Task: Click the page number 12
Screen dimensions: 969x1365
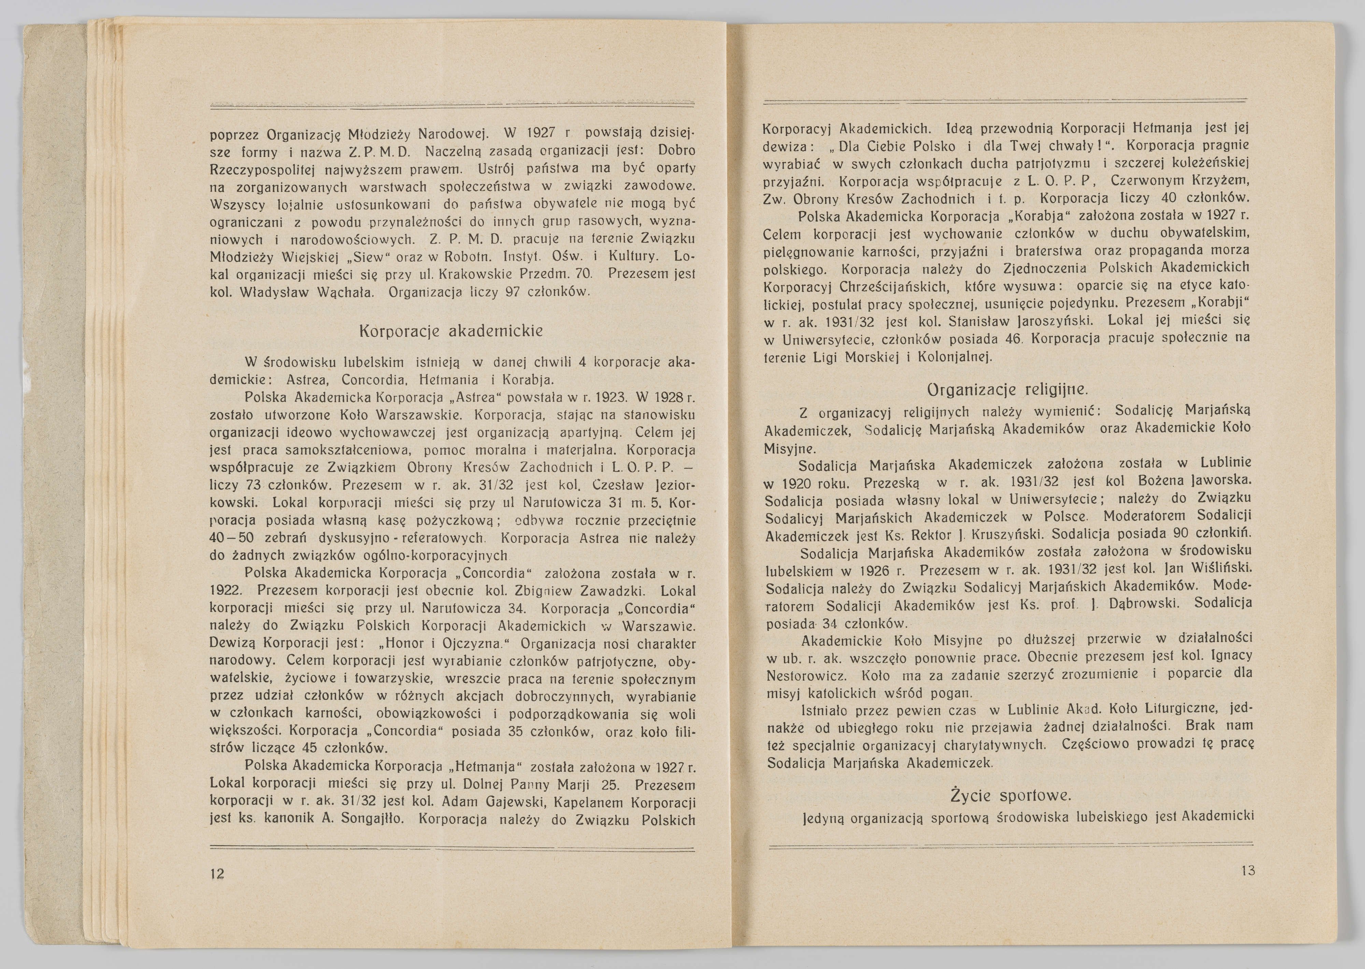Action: tap(217, 874)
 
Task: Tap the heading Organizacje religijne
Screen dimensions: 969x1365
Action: tap(1007, 390)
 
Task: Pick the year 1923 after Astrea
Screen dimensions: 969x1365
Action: tap(609, 397)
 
